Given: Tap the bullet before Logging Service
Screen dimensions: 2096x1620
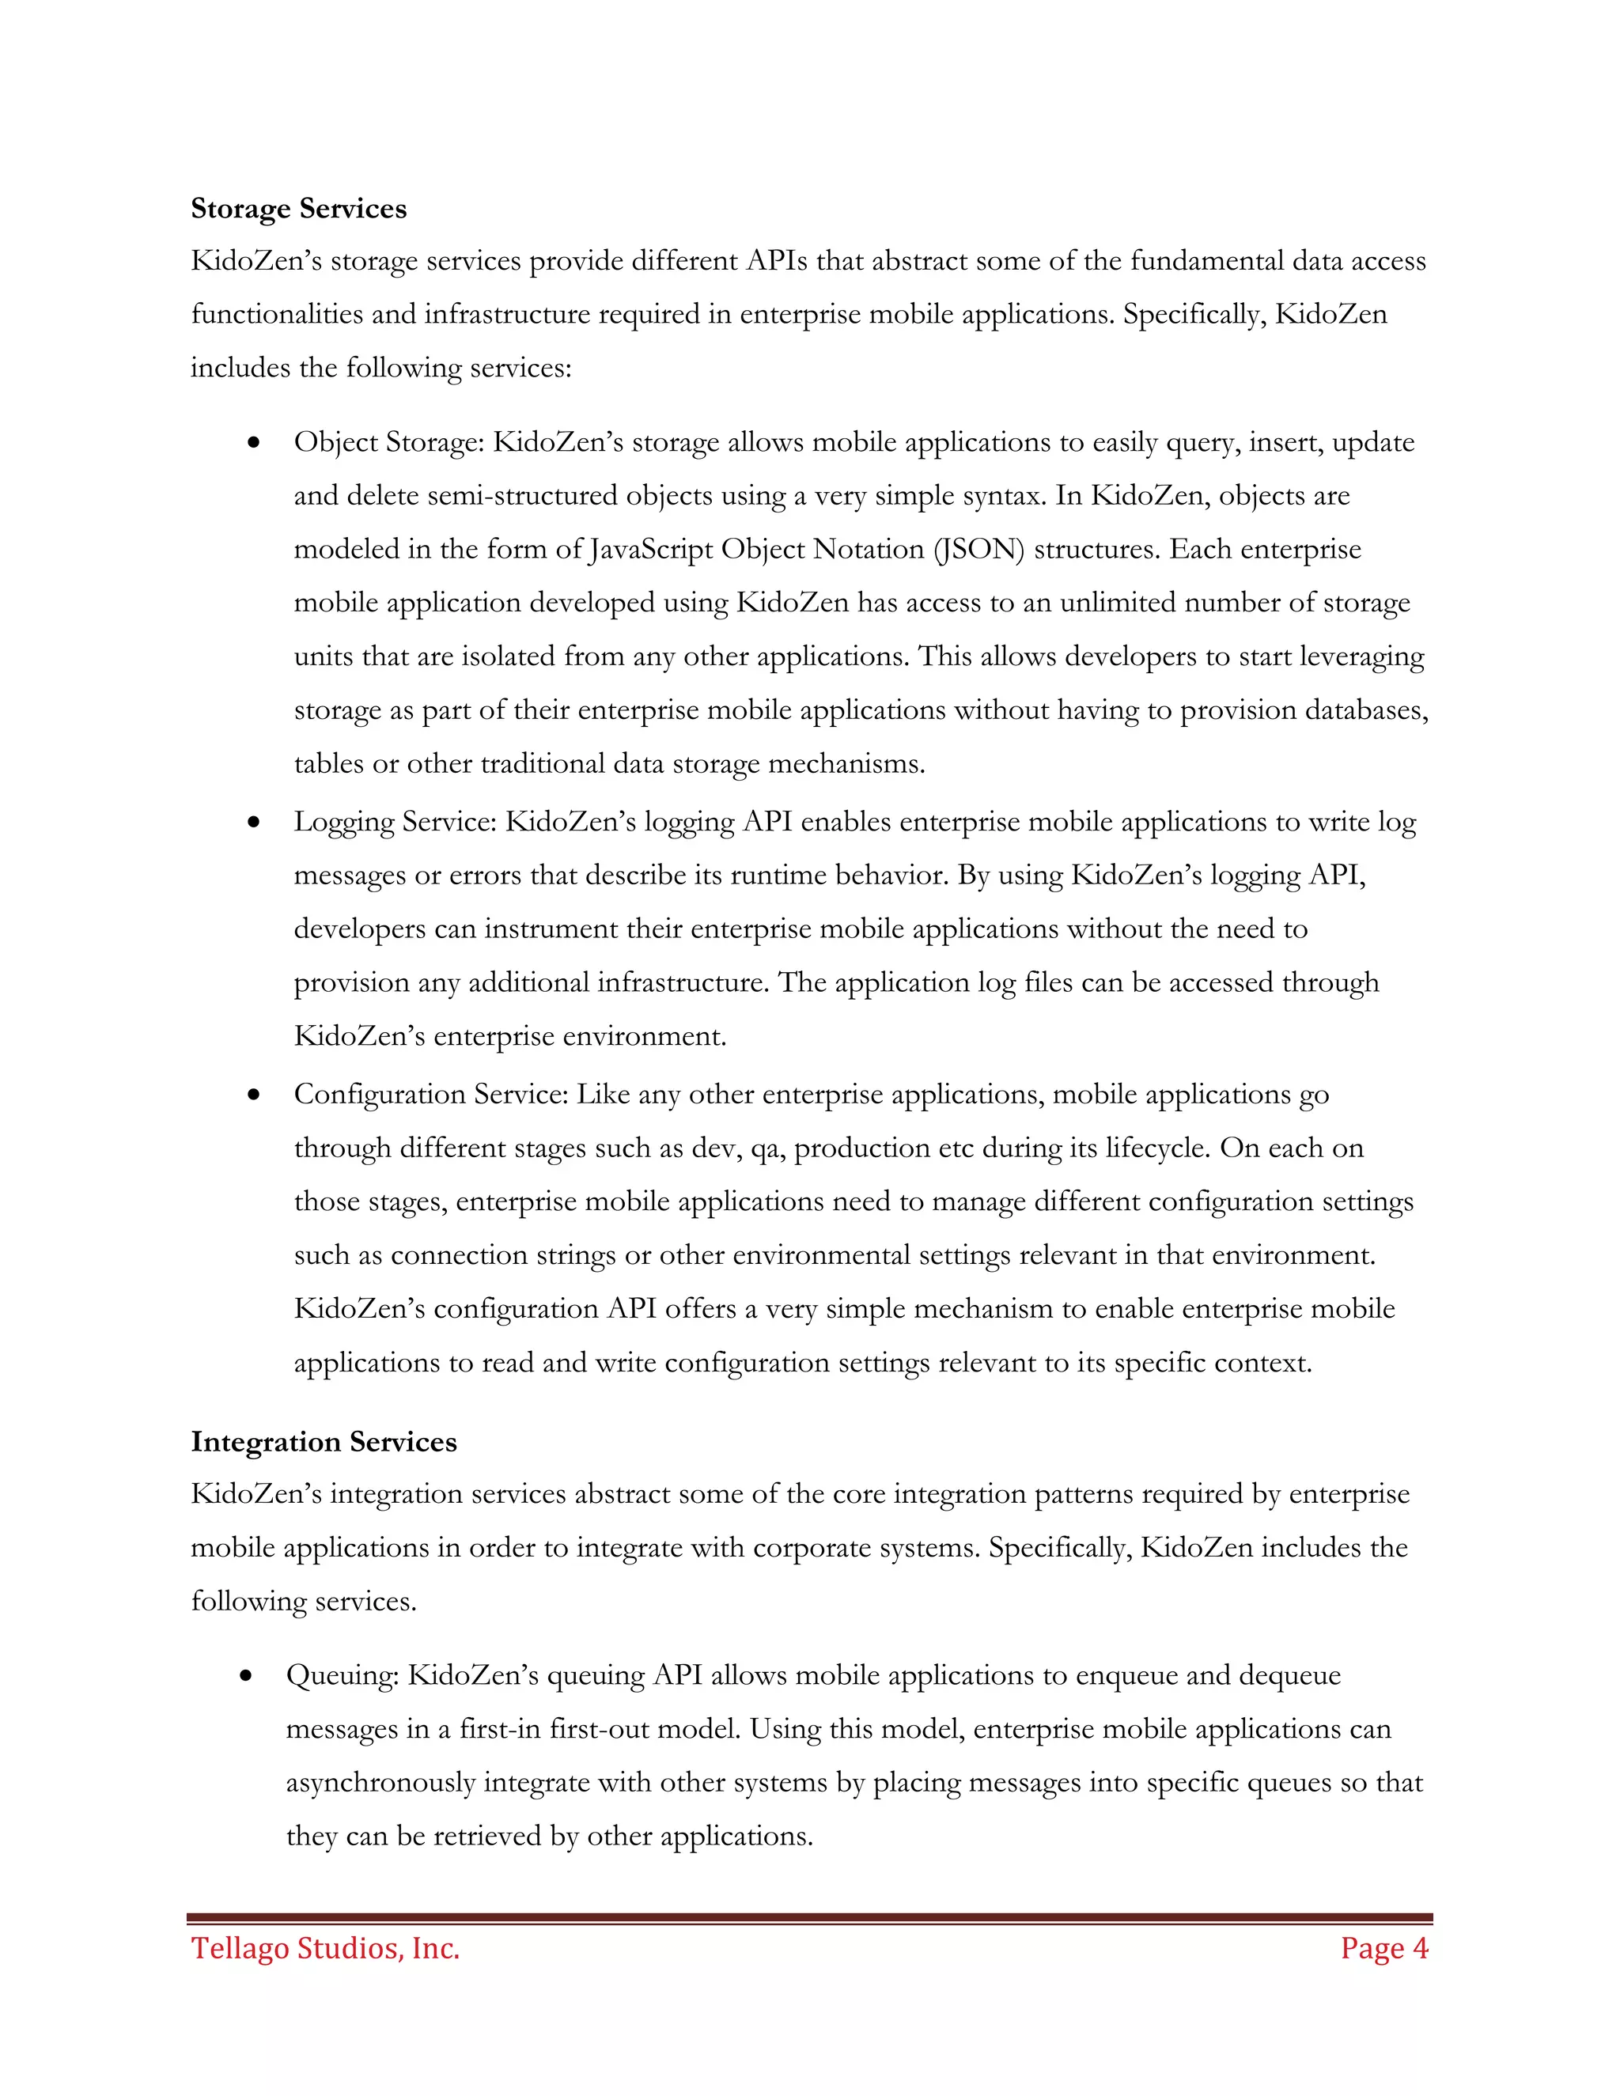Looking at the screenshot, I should click(x=253, y=823).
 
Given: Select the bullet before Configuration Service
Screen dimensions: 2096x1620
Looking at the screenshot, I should click(x=253, y=1095).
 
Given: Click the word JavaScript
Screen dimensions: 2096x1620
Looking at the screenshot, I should click(x=649, y=549).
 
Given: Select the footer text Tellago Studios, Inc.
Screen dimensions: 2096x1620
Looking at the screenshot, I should click(x=325, y=1947).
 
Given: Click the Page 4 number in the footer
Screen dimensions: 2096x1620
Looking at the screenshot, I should click(x=1384, y=1947).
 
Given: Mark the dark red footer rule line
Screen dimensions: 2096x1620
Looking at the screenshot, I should click(x=809, y=1917).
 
